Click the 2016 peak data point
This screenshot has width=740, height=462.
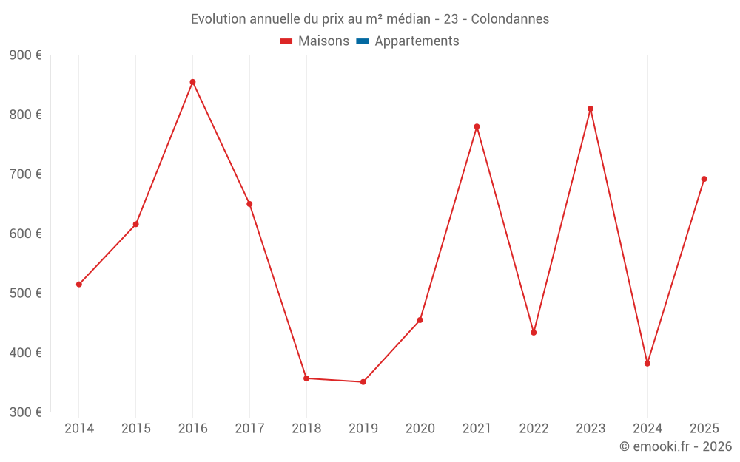click(192, 82)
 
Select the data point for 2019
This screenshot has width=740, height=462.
click(363, 382)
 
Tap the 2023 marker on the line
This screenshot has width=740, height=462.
click(591, 109)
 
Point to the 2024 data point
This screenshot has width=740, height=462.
click(647, 364)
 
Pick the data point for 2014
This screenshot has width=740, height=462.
click(79, 285)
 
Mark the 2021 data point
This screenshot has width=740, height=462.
click(477, 126)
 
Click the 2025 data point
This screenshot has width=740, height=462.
click(704, 179)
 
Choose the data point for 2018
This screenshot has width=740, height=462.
click(306, 378)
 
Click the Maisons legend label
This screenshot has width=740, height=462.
click(323, 41)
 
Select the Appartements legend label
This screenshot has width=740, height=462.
click(417, 41)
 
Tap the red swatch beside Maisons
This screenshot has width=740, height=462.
click(286, 41)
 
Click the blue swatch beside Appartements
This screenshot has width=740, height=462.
click(363, 41)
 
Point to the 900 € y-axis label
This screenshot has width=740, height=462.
click(25, 55)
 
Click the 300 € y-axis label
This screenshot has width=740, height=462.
click(25, 412)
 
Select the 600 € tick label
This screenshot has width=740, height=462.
click(25, 234)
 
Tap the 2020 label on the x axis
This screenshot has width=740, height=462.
click(420, 429)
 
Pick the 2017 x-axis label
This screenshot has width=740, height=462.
click(249, 429)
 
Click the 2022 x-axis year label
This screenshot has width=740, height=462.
click(534, 429)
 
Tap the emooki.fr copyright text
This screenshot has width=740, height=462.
click(676, 446)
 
